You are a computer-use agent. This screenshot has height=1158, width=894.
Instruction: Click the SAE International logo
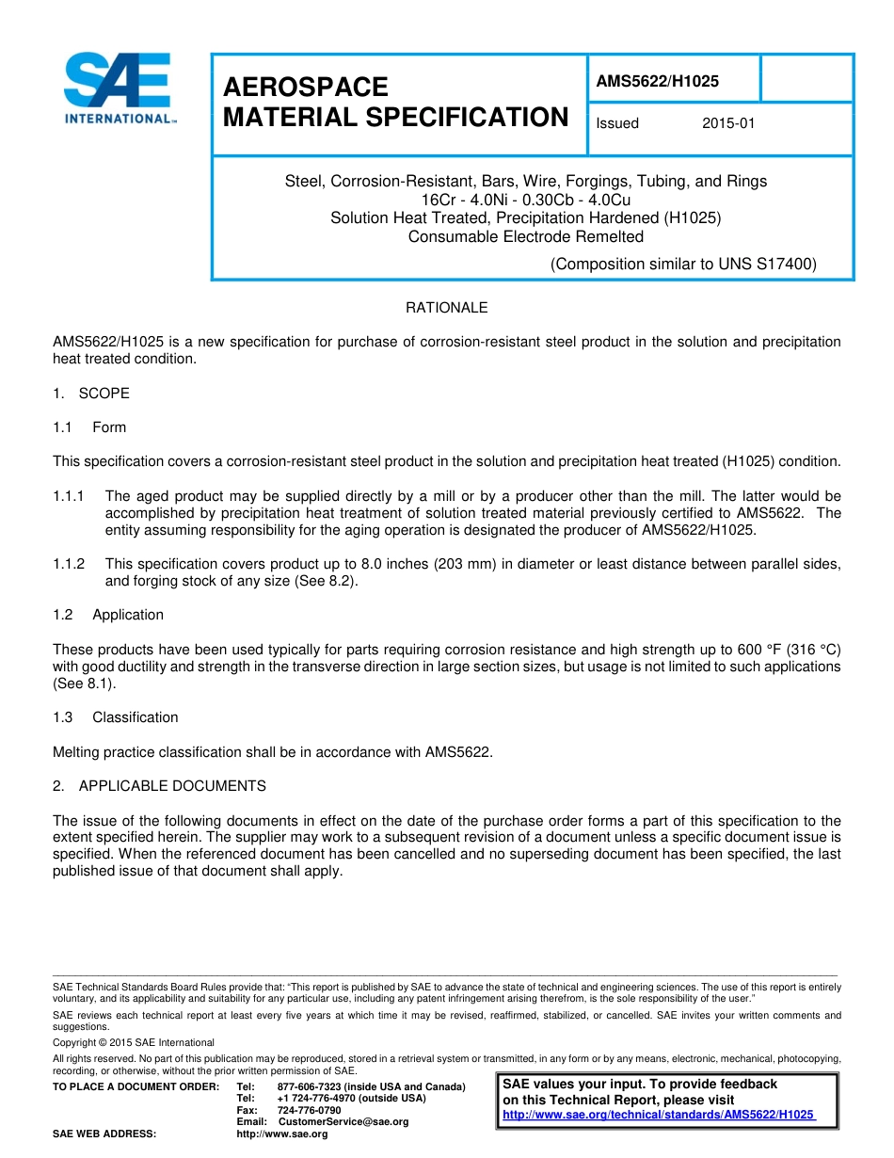coord(118,88)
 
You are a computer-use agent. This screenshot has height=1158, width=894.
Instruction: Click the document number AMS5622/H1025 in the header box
coord(657,81)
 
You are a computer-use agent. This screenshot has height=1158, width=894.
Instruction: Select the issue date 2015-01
coord(728,123)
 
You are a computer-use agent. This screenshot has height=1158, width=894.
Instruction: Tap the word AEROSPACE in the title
coord(306,88)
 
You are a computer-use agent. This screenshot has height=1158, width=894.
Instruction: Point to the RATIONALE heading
coord(446,308)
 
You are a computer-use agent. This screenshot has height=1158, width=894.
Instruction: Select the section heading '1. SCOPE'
coord(91,393)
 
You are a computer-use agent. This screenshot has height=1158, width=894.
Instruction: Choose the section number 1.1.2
coord(69,564)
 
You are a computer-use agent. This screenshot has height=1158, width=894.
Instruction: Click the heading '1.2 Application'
coord(108,615)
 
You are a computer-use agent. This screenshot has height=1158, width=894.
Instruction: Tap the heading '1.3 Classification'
coord(116,717)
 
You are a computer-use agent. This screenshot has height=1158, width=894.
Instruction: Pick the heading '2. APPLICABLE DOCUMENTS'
coord(159,786)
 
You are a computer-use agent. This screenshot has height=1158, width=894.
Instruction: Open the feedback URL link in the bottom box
coord(659,1115)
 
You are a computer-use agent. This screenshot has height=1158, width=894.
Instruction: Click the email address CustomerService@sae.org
coord(343,1122)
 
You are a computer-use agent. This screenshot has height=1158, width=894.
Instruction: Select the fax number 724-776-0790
coord(309,1110)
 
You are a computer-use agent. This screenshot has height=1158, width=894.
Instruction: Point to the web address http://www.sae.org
coord(281,1134)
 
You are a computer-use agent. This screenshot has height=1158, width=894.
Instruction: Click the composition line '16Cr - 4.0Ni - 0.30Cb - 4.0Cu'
coord(525,200)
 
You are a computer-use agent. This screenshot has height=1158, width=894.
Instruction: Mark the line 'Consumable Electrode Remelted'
coord(525,237)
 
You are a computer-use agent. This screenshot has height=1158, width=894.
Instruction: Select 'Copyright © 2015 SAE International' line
coord(134,1042)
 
